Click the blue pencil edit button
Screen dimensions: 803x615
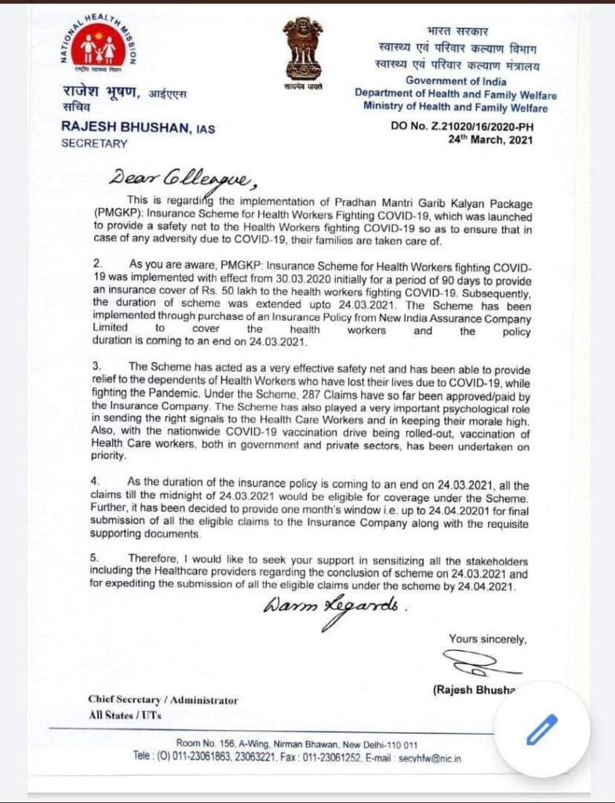[541, 730]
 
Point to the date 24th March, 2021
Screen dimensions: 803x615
[490, 140]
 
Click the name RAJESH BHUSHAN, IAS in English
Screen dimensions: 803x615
[137, 128]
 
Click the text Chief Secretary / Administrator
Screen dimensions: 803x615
[163, 699]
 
